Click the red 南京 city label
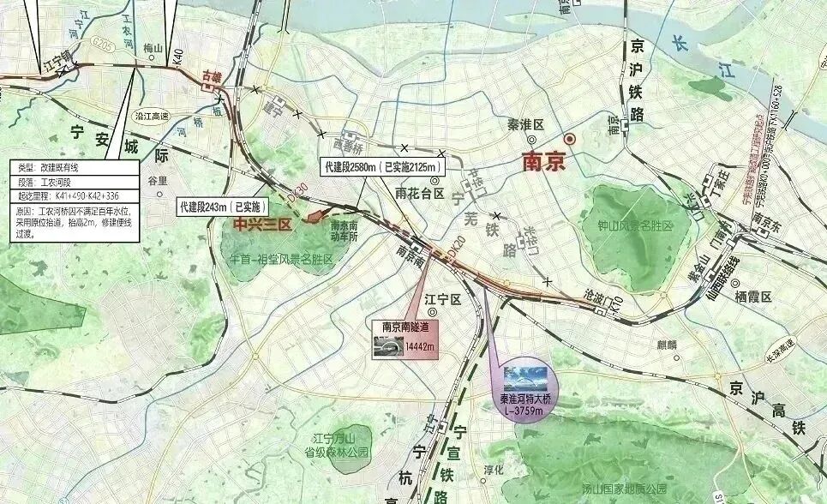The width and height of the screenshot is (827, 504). [x=543, y=161]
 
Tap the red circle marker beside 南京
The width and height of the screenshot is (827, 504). [x=568, y=139]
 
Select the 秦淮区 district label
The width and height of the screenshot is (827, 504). [x=526, y=125]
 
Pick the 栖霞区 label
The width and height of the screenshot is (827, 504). [x=753, y=296]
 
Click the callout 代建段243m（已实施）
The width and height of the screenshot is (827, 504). [x=223, y=207]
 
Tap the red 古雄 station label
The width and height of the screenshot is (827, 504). [x=211, y=77]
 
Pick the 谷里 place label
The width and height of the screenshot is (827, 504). [x=157, y=181]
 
